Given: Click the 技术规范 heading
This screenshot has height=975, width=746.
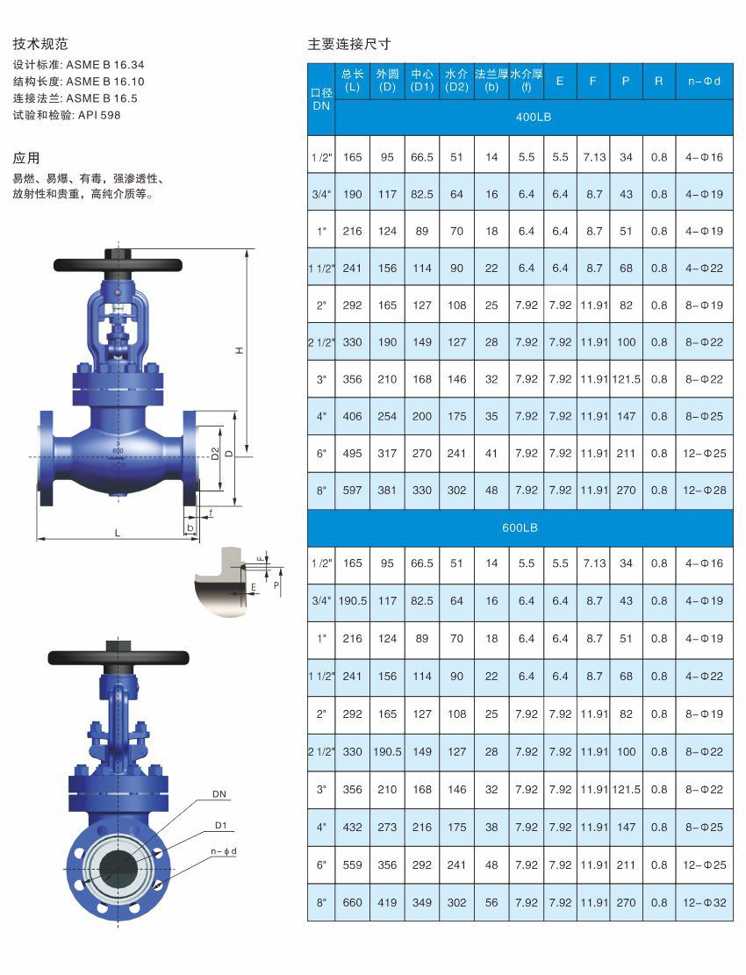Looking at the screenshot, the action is pos(40,44).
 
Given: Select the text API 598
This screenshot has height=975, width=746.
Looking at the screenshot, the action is pos(99,115).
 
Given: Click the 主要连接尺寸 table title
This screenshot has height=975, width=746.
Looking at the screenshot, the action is pos(349,44).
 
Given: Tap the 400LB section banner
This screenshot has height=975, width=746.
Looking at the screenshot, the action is pos(534,117).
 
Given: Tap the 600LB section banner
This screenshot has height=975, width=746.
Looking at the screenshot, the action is pos(520,528).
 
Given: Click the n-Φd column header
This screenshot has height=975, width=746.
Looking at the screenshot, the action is pos(705,81).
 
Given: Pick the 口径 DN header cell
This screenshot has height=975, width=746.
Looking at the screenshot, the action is pos(321,99).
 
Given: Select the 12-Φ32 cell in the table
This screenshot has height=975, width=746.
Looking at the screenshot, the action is pos(705,902).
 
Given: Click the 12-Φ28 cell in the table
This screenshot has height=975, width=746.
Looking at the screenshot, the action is pos(705,490).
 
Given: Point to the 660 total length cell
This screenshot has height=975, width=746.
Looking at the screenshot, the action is pos(353,902).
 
